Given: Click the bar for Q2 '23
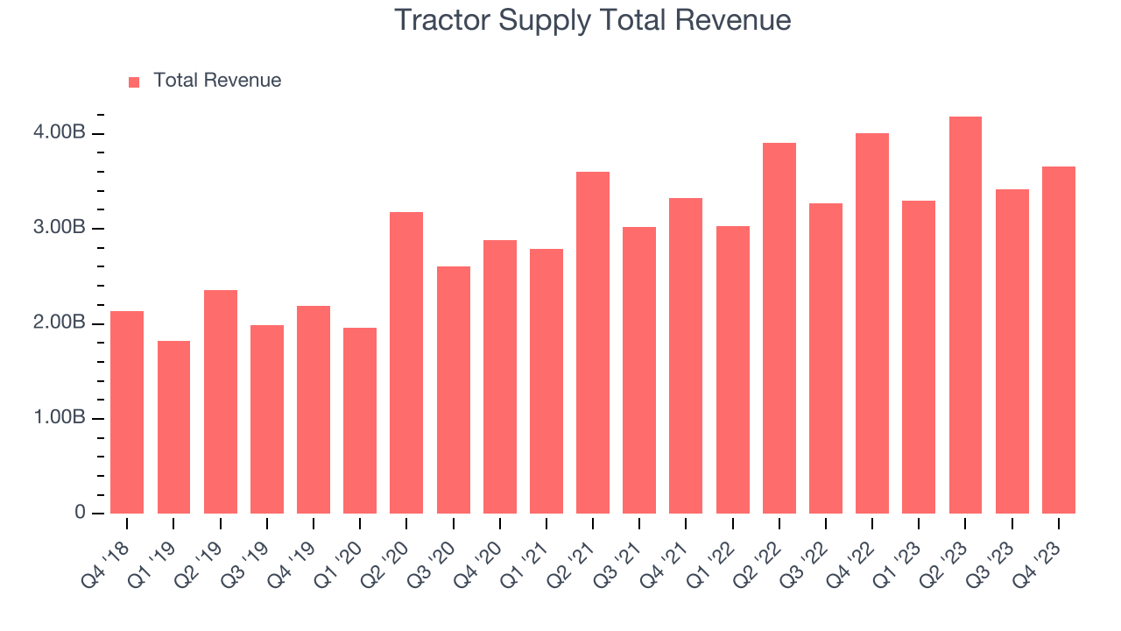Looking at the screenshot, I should tap(964, 315).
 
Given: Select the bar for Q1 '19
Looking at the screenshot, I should tap(173, 427).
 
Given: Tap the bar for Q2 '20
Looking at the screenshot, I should tap(406, 363).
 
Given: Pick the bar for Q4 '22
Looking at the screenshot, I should tap(871, 323).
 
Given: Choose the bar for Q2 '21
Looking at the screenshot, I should tap(593, 343).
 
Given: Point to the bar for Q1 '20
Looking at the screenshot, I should tap(360, 421).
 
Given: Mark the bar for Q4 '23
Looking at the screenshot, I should tap(1058, 340).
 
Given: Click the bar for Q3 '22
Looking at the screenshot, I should tap(825, 358).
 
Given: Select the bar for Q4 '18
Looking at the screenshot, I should tap(127, 412).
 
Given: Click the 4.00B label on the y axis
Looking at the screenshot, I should tap(60, 133).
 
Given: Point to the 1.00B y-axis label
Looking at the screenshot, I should tap(60, 418).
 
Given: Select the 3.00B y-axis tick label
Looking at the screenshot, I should tap(60, 228).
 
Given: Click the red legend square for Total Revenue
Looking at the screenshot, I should tap(134, 82).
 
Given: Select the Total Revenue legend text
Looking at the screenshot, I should tap(217, 81).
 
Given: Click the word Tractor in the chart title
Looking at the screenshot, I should tap(441, 19).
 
